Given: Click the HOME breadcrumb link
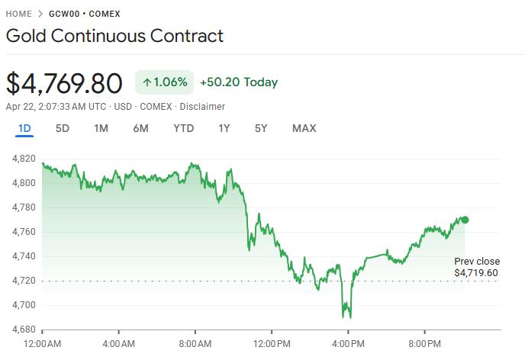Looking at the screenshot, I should tap(18, 14).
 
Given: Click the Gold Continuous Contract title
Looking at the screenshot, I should tap(114, 36).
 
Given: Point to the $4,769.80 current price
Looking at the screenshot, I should tap(64, 82).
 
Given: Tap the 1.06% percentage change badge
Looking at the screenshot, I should tap(165, 82).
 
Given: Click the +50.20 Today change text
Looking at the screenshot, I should tap(239, 82).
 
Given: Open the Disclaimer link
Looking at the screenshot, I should tap(202, 106).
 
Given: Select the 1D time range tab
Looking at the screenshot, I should tap(24, 128).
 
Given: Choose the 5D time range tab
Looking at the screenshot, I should tap(63, 128).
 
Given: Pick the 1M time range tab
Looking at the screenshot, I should tap(101, 128).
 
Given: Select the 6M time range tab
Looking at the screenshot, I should tap(140, 128).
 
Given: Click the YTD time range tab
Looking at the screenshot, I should tap(183, 128).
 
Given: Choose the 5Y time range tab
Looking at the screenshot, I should tap(261, 128).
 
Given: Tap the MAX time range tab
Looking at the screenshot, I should tap(304, 128).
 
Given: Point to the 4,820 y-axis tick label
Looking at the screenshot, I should tap(24, 159).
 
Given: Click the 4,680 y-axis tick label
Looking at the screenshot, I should tap(24, 329).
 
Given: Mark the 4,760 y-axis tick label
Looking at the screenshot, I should tap(24, 232).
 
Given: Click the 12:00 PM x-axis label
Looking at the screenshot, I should tap(272, 344).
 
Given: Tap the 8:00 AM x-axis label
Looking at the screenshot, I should tap(195, 344).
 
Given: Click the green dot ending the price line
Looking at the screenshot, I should tap(465, 220).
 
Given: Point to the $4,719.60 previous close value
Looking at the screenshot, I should tap(476, 272).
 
